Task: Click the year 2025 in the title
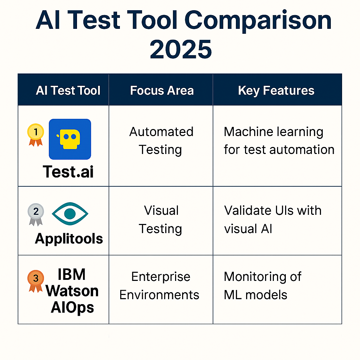181,49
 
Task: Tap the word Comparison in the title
258,21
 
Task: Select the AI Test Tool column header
68,90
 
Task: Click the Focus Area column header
162,90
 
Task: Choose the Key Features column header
276,91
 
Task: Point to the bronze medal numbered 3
36,281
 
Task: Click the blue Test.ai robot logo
70,139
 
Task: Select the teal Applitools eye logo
70,214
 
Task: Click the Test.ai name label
68,172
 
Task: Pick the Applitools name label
69,239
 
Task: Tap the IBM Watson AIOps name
72,291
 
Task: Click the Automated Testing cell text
161,141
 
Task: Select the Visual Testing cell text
161,219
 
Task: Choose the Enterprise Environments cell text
159,285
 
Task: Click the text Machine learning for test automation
279,141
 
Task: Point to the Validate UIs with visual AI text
273,219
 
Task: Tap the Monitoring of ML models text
263,285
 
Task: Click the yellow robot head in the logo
69,139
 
